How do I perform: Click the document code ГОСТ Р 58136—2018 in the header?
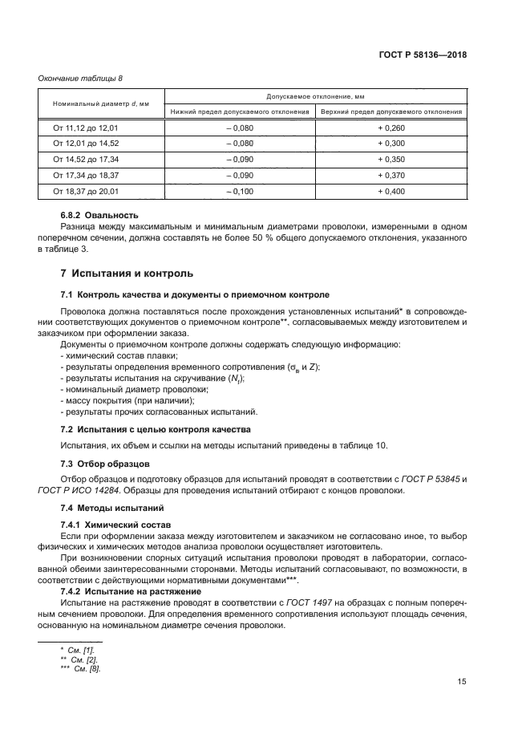click(x=423, y=56)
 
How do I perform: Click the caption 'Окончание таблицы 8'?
click(x=81, y=78)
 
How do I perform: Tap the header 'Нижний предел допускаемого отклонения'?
click(x=240, y=111)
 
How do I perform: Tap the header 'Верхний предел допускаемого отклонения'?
click(x=391, y=111)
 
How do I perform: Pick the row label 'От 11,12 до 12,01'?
click(x=86, y=128)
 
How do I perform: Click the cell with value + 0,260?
click(x=391, y=128)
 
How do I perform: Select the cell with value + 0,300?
click(x=391, y=144)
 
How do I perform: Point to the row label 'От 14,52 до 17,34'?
click(x=86, y=160)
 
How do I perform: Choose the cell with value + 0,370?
click(x=391, y=175)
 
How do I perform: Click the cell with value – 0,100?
click(x=239, y=191)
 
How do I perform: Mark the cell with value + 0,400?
click(x=391, y=191)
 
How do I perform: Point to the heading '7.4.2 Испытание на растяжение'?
click(x=131, y=590)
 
